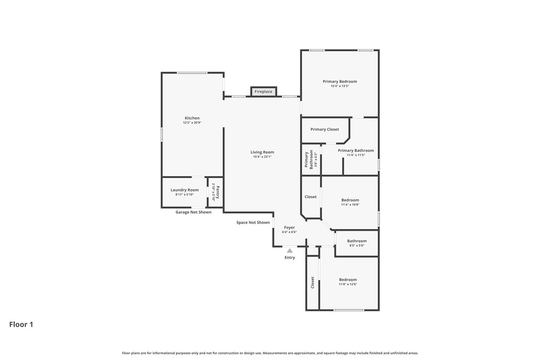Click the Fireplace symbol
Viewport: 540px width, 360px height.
(x=264, y=91)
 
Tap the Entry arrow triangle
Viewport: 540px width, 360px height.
(x=290, y=251)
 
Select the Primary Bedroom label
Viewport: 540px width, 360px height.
(x=340, y=82)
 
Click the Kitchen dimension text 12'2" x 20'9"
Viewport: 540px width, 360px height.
(x=192, y=123)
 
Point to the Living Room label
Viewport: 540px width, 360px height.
(x=262, y=152)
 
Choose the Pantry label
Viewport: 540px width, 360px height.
(x=217, y=192)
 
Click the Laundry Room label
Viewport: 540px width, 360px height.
(x=184, y=190)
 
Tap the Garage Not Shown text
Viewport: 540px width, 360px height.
(x=193, y=212)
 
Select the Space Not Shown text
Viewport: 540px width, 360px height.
(x=253, y=223)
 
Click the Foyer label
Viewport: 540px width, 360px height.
(x=289, y=228)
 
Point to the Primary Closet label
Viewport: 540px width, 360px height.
(x=325, y=129)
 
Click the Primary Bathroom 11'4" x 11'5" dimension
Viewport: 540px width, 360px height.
(x=356, y=155)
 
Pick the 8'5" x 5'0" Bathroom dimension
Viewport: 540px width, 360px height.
(x=357, y=246)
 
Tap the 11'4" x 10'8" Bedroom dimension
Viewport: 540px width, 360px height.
(x=350, y=205)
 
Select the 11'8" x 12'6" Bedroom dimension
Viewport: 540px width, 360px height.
(x=348, y=284)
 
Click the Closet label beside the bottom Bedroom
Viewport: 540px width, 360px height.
(x=312, y=282)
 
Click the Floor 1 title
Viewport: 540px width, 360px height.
(x=21, y=325)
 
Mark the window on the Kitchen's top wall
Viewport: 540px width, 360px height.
(x=192, y=73)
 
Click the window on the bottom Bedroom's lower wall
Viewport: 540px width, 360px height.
(x=349, y=310)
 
